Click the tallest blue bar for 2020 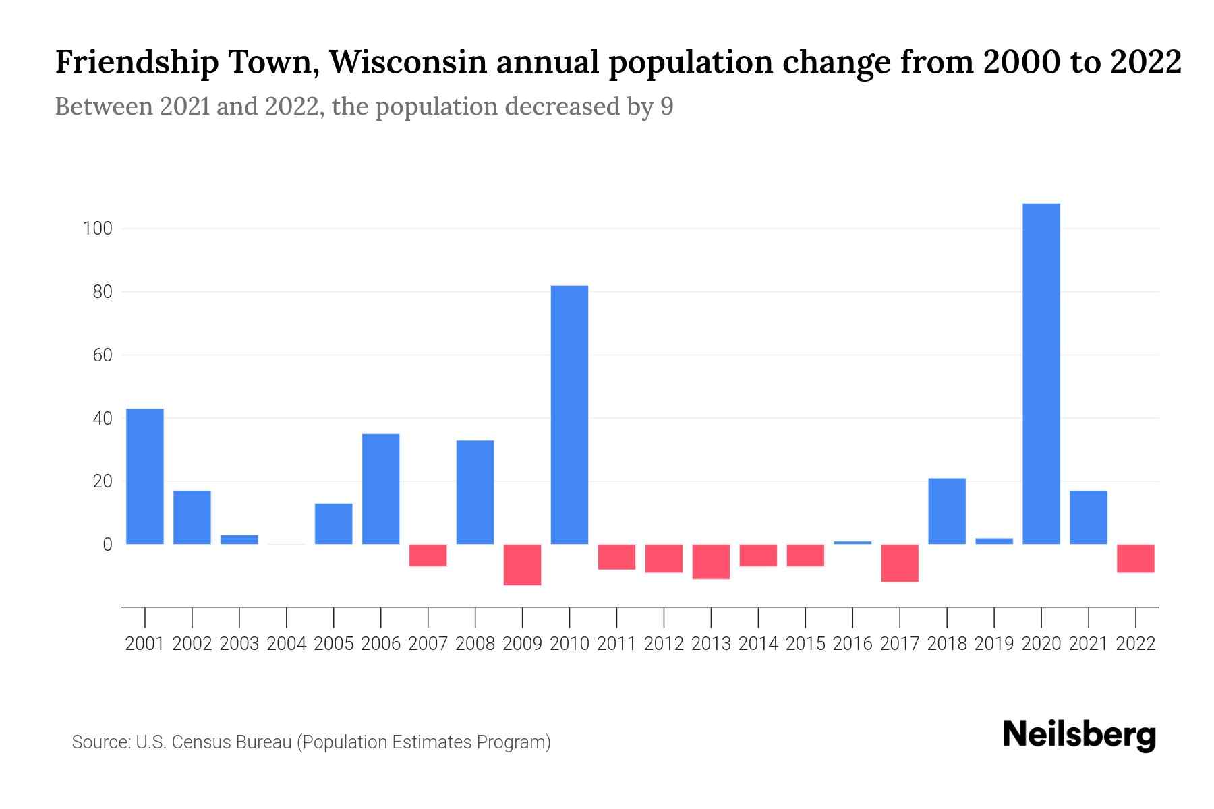pyautogui.click(x=1041, y=374)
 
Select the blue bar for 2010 pyautogui.click(x=569, y=415)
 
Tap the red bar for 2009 pyautogui.click(x=522, y=565)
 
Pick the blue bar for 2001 pyautogui.click(x=145, y=477)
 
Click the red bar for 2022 pyautogui.click(x=1136, y=558)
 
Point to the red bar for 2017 pyautogui.click(x=900, y=563)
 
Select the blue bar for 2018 pyautogui.click(x=947, y=511)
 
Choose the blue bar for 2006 pyautogui.click(x=381, y=489)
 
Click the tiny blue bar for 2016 pyautogui.click(x=852, y=542)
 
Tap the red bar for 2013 pyautogui.click(x=711, y=562)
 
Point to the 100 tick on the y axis pyautogui.click(x=96, y=229)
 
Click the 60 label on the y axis pyautogui.click(x=103, y=355)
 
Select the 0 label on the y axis pyautogui.click(x=107, y=544)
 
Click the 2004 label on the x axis pyautogui.click(x=287, y=644)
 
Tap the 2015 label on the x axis pyautogui.click(x=805, y=644)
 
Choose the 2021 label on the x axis pyautogui.click(x=1089, y=644)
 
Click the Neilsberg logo pyautogui.click(x=1079, y=735)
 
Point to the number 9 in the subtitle pyautogui.click(x=666, y=107)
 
